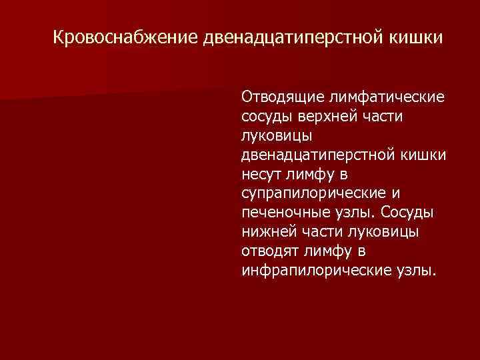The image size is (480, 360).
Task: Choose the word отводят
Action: [269, 252]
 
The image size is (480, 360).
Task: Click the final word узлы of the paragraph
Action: [417, 271]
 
